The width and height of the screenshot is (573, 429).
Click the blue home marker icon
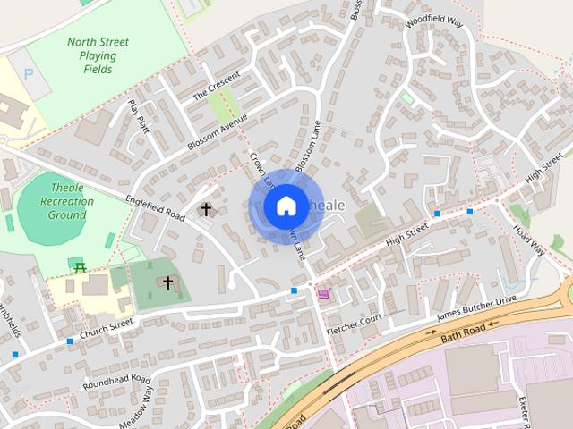point(286,206)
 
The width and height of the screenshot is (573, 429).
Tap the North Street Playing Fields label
point(98,55)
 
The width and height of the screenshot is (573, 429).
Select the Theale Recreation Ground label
point(67,202)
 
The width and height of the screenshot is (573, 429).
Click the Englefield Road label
point(150,207)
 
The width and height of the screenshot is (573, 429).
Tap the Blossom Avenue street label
point(217,133)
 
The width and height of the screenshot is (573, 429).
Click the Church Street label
point(106,328)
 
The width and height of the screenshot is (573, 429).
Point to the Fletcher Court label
point(355,324)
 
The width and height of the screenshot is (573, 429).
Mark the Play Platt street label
point(137,114)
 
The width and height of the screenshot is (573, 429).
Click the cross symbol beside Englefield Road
point(206,210)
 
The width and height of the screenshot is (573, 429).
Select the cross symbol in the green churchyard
point(167,282)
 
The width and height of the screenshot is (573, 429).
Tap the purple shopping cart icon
point(323,293)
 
